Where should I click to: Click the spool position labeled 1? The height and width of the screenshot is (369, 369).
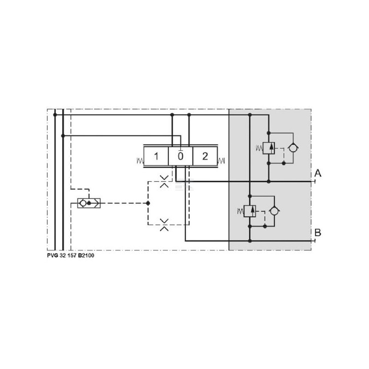pos(156,156)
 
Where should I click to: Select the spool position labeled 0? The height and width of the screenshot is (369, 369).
pos(180,156)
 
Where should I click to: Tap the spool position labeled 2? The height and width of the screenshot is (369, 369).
pos(205,156)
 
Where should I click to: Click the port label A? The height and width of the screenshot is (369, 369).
pos(318,173)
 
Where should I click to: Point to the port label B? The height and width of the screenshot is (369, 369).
pos(318,232)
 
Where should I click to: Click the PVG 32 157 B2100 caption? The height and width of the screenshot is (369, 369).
pos(71,256)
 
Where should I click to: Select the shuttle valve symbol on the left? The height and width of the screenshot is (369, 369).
pos(89,203)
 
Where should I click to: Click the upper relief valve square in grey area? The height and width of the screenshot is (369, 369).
pos(269,148)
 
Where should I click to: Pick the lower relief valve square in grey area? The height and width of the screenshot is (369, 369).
pos(250,211)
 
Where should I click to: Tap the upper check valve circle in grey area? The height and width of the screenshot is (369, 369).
pos(293,148)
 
